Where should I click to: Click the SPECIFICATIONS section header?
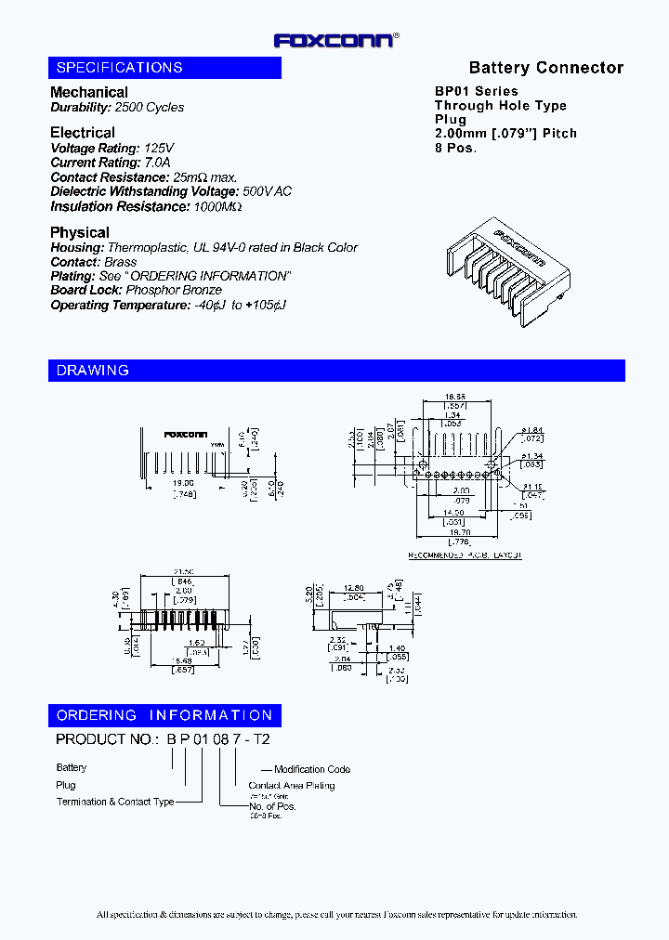(120, 68)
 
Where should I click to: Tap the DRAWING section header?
(93, 371)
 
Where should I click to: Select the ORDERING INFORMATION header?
(164, 715)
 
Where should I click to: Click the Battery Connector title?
(545, 68)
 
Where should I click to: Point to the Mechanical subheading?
(89, 92)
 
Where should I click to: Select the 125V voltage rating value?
(158, 149)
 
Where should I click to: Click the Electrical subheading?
(83, 133)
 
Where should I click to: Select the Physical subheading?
(80, 232)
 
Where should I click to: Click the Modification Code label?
(312, 769)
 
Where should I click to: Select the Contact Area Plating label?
(291, 786)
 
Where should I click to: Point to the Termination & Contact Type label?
(115, 802)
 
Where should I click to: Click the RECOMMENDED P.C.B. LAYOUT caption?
(465, 555)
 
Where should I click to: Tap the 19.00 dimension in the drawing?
(183, 484)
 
